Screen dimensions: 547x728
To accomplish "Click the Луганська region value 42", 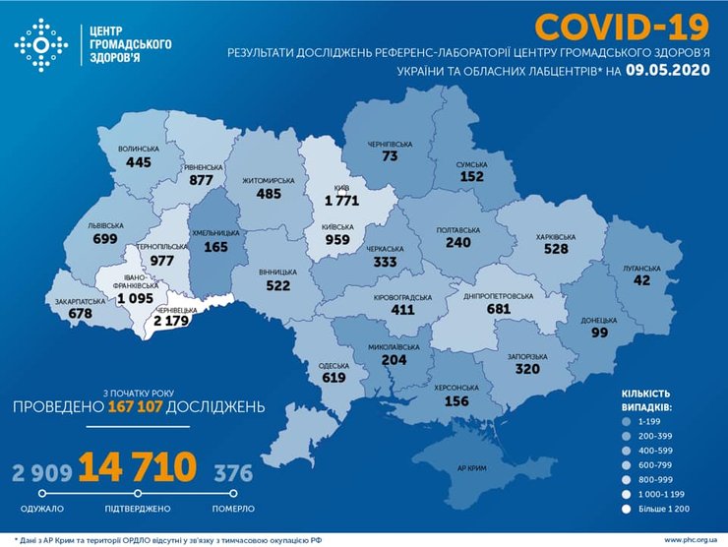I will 642,279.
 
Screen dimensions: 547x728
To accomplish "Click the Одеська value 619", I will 334,377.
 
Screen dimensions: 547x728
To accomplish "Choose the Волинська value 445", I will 138,162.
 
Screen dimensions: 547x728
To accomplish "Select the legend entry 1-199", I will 649,419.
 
